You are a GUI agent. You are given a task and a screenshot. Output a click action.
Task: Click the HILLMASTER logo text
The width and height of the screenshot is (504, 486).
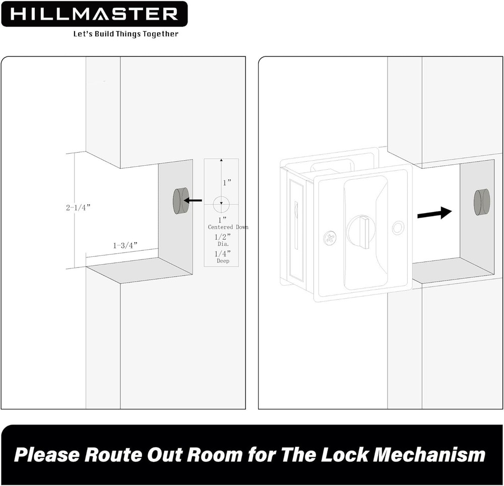[x=94, y=14]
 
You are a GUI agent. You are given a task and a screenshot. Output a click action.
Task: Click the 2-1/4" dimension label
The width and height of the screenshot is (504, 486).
[x=81, y=207]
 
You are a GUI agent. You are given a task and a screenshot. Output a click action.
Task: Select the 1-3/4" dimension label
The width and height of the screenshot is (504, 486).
[x=124, y=245]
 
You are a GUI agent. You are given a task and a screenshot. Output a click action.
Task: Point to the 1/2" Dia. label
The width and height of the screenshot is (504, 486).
[x=222, y=239]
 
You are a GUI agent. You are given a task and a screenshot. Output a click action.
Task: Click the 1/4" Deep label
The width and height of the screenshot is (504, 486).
[x=222, y=257]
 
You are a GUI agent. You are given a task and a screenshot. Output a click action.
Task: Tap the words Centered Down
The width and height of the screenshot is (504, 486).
[x=228, y=227]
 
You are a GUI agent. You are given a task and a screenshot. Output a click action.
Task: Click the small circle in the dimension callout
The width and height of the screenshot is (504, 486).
[x=221, y=204]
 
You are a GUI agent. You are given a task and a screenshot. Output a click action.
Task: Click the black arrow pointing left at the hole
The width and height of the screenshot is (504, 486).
[x=193, y=200]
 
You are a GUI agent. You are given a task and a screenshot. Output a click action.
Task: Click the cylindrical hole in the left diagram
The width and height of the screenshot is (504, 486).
[x=180, y=200]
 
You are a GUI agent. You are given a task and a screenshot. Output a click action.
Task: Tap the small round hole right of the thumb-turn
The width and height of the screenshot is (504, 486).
[x=398, y=228]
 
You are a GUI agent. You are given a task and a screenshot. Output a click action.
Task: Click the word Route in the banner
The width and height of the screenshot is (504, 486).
[x=114, y=455]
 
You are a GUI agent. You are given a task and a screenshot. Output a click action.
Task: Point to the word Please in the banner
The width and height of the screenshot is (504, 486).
[x=47, y=455]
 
